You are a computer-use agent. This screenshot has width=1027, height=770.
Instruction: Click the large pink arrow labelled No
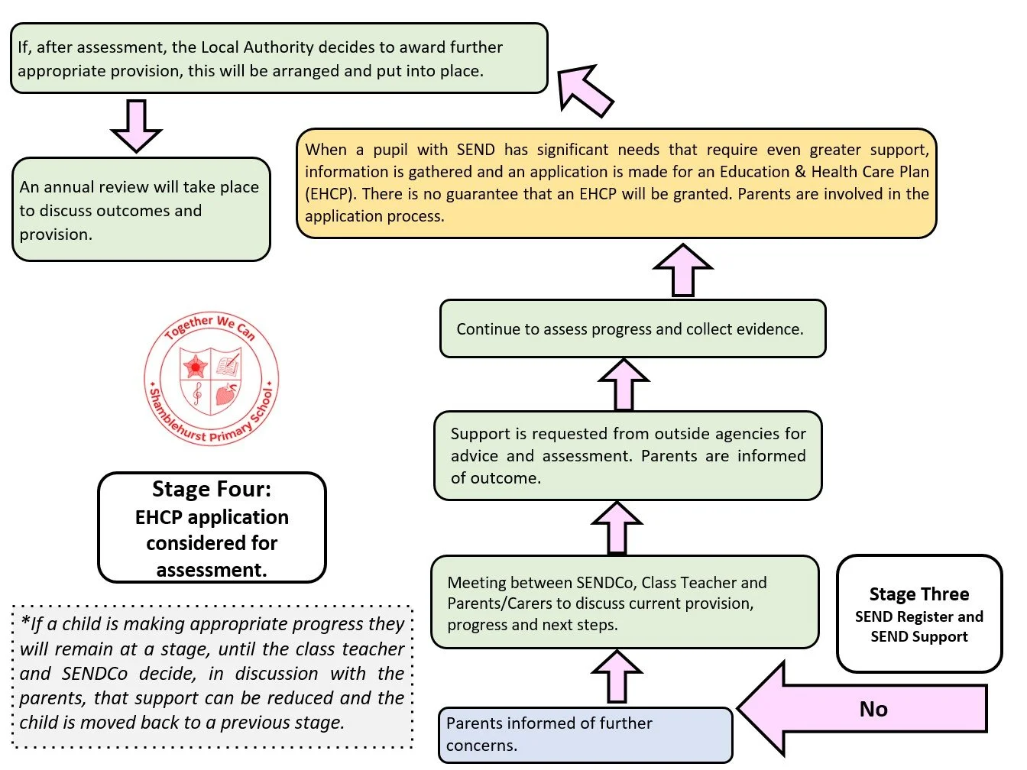[862, 708]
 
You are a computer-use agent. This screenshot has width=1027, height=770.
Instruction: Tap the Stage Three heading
[918, 594]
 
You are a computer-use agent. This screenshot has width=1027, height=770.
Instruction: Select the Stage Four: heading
[212, 489]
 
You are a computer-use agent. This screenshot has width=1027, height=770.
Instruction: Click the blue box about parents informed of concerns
[585, 734]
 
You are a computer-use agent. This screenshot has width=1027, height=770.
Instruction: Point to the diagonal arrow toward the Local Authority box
[585, 90]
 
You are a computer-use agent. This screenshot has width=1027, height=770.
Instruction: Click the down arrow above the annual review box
[136, 125]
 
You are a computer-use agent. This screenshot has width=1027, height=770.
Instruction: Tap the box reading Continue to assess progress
[633, 328]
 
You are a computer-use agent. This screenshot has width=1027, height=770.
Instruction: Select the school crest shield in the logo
[211, 380]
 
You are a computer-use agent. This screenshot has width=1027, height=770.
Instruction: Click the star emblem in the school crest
[195, 366]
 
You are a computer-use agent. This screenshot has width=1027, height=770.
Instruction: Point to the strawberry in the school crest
[226, 394]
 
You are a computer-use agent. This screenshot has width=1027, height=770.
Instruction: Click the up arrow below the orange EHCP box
[682, 270]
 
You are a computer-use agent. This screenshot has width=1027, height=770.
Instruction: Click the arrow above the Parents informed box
[617, 676]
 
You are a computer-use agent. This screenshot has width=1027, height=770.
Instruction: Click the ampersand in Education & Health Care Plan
[800, 172]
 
